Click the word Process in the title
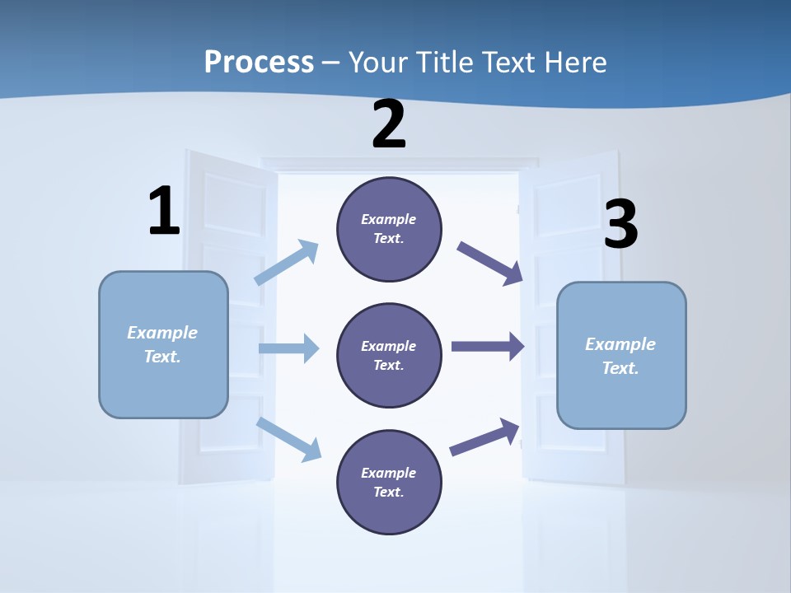click(259, 62)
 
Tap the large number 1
click(164, 212)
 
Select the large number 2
click(389, 124)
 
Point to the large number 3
click(620, 225)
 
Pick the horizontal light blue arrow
click(288, 348)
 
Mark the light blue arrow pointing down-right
click(289, 439)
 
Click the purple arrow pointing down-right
click(490, 264)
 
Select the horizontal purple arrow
click(488, 347)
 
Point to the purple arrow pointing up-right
click(485, 437)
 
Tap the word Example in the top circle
click(388, 219)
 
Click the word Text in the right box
click(619, 368)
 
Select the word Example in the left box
click(162, 333)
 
